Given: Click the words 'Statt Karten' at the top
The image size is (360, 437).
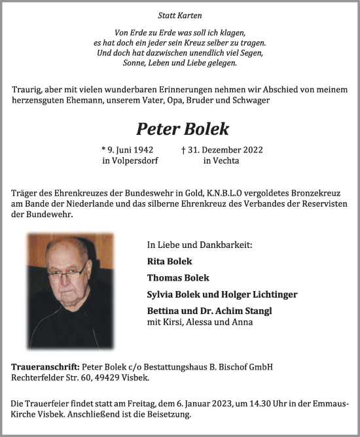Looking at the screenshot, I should coord(179,14).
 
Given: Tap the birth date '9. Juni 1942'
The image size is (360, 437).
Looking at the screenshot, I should coord(128,150).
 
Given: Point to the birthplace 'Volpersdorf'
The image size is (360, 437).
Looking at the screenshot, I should coord(134,160).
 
